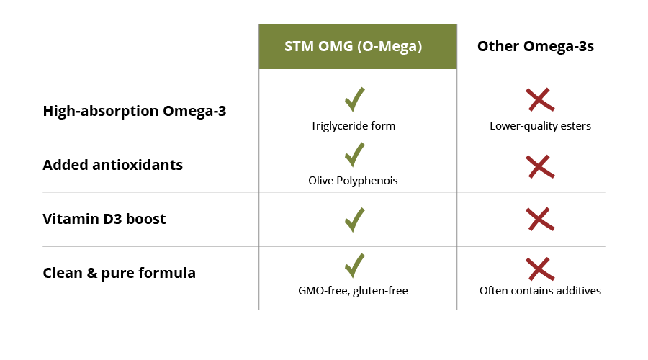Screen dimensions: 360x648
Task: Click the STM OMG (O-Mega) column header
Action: pos(357,47)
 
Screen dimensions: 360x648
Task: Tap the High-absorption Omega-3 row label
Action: pos(135,111)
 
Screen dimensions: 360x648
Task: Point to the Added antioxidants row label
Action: pos(113,165)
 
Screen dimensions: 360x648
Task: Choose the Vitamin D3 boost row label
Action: pos(104,219)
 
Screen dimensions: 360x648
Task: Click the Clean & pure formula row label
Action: pos(120,273)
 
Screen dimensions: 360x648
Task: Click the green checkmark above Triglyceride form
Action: pos(354,99)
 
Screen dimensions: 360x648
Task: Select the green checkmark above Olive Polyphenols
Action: pos(354,154)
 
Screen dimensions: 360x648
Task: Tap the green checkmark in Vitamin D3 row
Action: pos(354,219)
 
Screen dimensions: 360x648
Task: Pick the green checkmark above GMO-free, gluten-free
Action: pos(354,265)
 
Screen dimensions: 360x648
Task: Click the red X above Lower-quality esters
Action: pos(539,100)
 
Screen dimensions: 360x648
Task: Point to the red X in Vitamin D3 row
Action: pos(539,219)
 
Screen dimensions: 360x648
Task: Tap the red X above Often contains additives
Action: pos(539,269)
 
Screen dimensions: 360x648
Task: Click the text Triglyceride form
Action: pos(353,126)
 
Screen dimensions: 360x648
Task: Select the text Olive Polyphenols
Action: pos(353,181)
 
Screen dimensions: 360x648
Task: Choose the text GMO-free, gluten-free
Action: pos(353,291)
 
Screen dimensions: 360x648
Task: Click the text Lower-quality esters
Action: pos(540,126)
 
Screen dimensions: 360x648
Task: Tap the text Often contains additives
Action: pos(540,291)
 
